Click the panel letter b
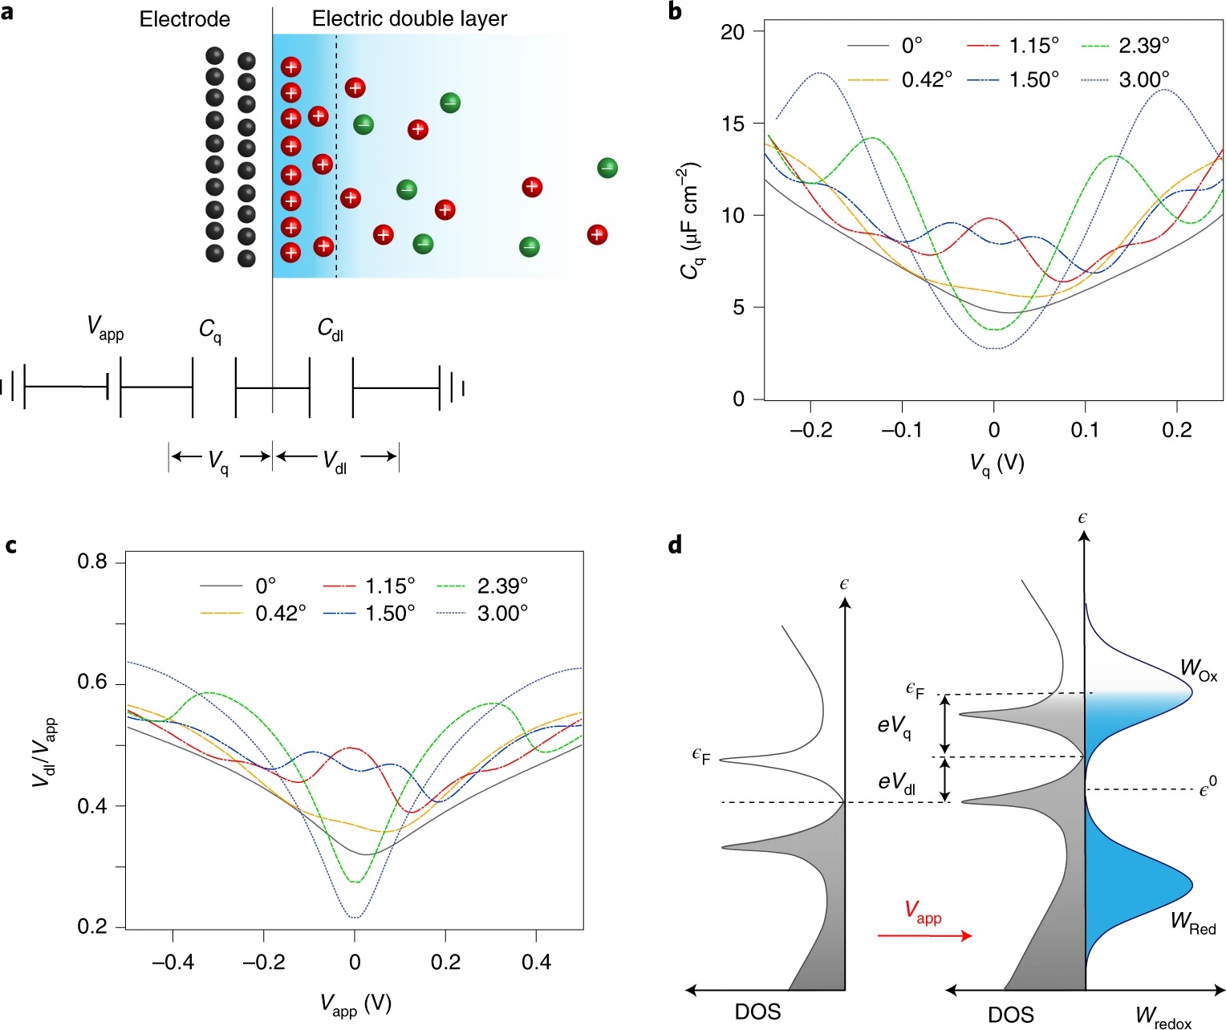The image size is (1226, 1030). pos(675,11)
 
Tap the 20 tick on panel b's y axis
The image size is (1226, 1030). pos(733,32)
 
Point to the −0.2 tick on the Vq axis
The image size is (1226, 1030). pos(810,430)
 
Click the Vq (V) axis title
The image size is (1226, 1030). pos(997,464)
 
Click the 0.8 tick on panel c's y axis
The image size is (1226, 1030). pos(92,562)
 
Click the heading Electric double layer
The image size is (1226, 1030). pos(409,18)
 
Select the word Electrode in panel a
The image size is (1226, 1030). pos(185,19)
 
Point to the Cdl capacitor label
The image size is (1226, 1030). pos(330,328)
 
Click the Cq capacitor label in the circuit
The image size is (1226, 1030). pos(210,330)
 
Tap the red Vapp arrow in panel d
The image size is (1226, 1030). pos(924,935)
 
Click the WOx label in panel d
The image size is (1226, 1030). pos(1198,669)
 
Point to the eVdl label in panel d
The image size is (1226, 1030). pos(896,782)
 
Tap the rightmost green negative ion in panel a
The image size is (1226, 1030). pos(607,168)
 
